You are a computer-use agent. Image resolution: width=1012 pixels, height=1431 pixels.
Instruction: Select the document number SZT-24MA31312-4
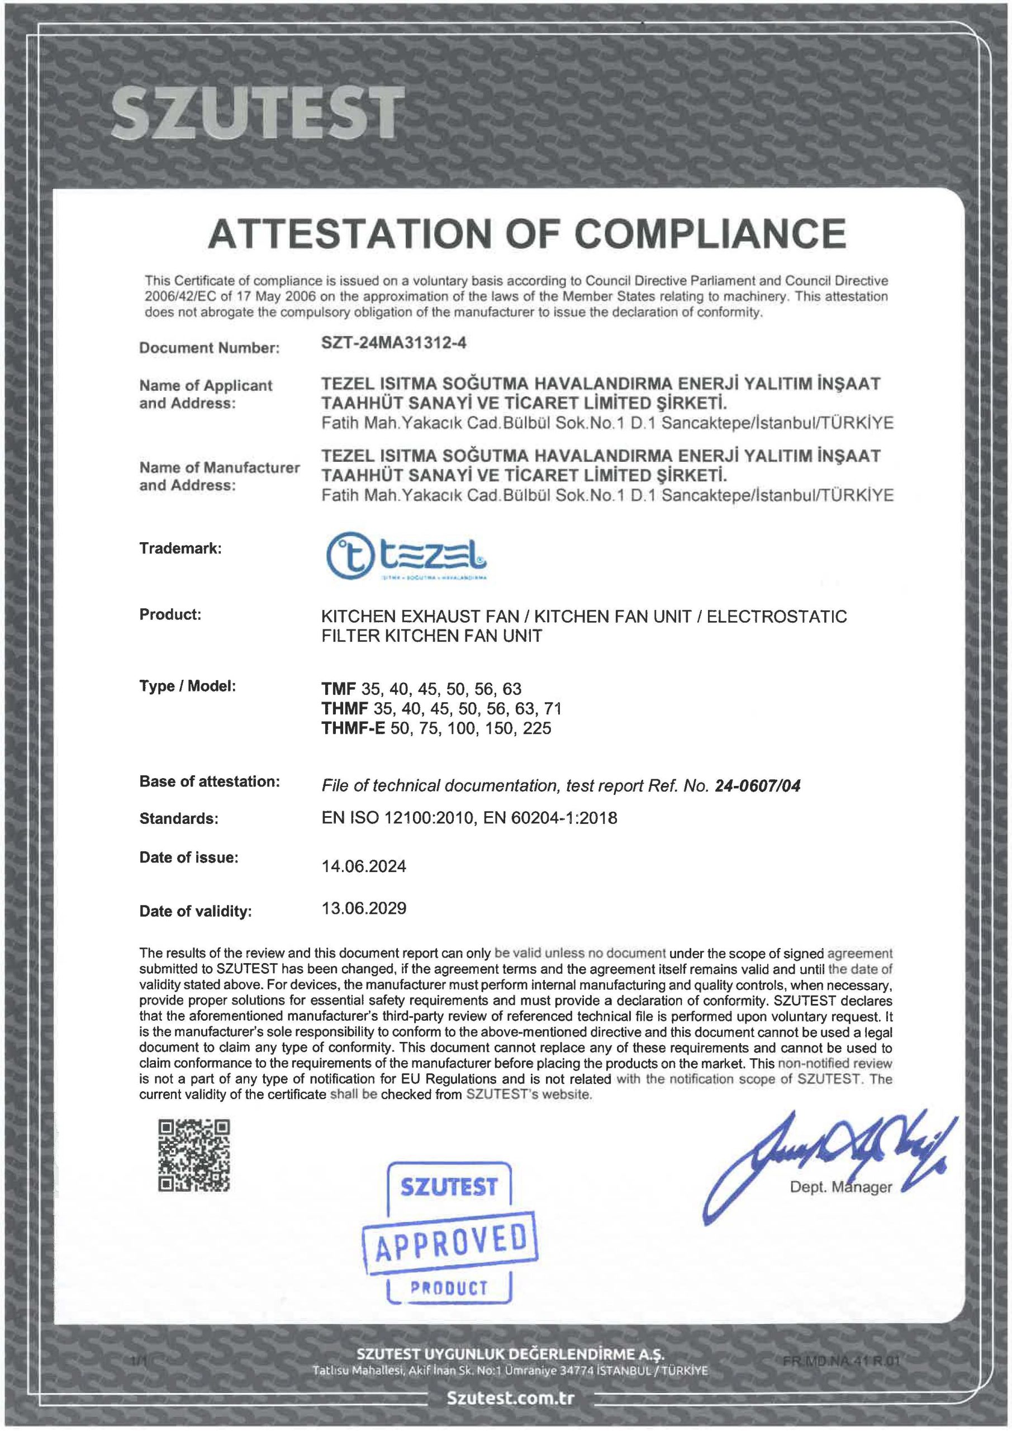[394, 343]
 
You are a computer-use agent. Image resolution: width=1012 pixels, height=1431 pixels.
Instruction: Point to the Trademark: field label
[180, 549]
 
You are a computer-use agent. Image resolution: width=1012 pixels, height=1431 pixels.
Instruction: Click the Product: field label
[170, 614]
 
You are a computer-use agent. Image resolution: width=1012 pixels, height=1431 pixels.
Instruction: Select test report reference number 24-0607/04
[757, 786]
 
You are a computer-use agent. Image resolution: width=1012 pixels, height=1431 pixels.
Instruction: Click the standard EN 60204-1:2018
[550, 818]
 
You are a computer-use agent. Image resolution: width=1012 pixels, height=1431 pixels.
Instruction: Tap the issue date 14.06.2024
[364, 866]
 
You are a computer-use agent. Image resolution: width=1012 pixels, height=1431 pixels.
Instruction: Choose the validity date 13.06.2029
[364, 908]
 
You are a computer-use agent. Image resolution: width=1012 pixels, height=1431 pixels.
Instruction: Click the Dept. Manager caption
[840, 1187]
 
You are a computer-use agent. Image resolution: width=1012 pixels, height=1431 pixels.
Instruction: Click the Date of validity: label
[196, 912]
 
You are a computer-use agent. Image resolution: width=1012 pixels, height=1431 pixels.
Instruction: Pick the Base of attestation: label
[210, 781]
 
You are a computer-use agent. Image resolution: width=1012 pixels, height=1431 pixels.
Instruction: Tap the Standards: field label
[179, 819]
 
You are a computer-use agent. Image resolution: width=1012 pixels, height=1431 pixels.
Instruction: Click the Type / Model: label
[188, 686]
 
